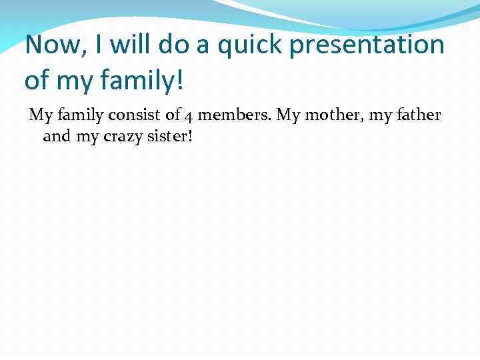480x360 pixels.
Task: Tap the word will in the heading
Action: point(129,45)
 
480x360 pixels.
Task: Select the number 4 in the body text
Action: point(189,116)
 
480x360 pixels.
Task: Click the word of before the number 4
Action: point(173,115)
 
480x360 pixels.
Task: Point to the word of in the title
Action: point(37,81)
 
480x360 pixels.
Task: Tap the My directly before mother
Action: point(288,116)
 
